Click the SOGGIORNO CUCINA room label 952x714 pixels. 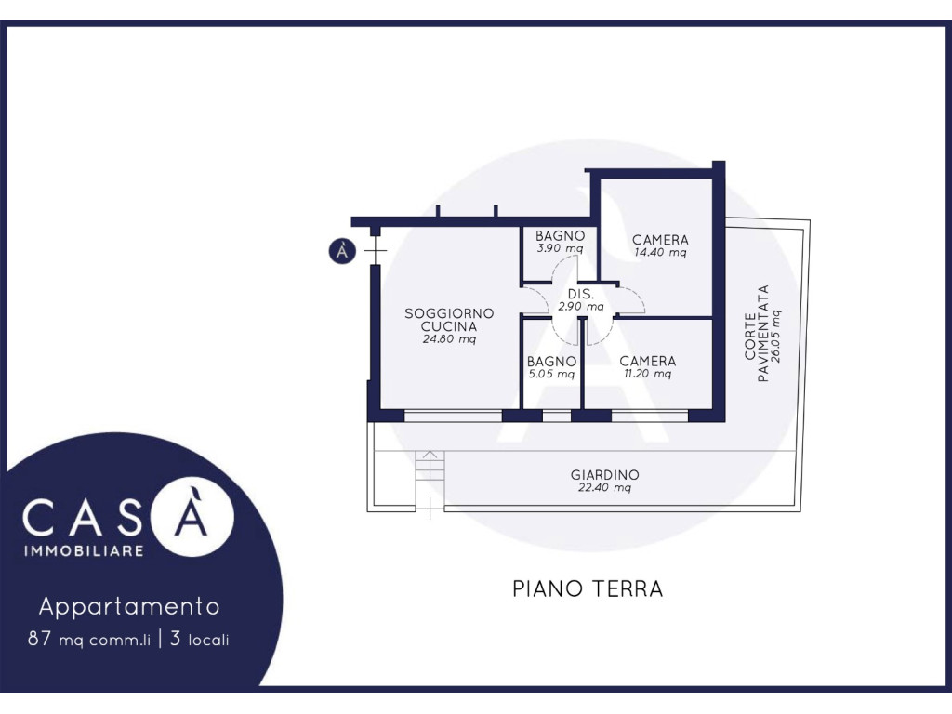coord(449,320)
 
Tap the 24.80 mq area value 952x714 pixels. coord(449,338)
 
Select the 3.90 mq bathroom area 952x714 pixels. coord(560,248)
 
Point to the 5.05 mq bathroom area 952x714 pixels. coord(551,374)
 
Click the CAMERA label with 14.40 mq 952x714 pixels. coord(660,240)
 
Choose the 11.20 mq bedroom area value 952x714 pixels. coord(648,374)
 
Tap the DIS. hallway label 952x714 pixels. coord(581,294)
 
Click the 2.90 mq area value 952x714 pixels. coord(581,307)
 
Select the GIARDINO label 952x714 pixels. coord(604,475)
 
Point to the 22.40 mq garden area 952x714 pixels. coord(604,487)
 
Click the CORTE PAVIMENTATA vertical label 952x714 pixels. coord(757,334)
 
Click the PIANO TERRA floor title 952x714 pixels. coord(588,588)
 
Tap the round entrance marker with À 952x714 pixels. coord(342,250)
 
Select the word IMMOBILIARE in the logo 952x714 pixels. coord(84,551)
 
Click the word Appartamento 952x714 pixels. coord(129,606)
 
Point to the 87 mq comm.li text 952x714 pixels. coord(88,640)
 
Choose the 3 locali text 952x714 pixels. coord(200,640)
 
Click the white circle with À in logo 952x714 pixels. coord(192,516)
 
